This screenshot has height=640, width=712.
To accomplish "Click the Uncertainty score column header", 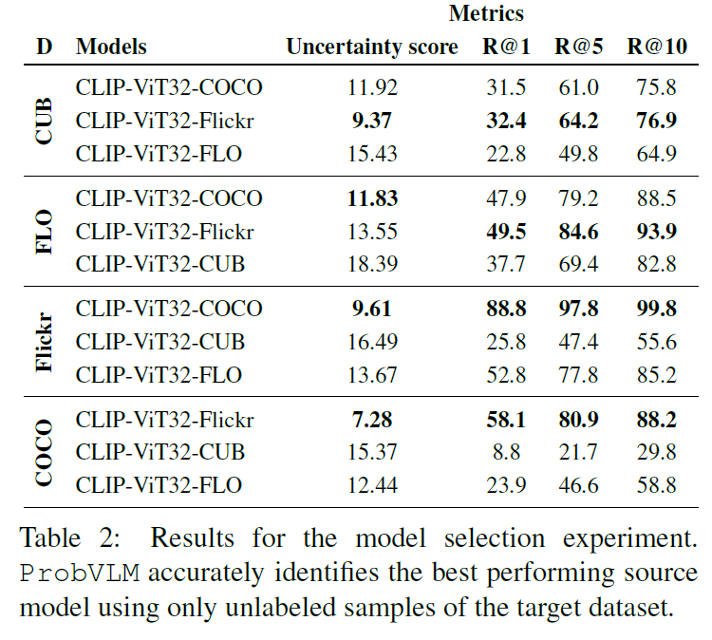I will (x=372, y=47).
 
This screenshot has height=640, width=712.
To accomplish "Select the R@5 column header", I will (x=579, y=47).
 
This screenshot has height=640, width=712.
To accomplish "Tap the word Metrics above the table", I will (x=486, y=14).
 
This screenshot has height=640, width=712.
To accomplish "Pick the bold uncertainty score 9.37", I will (x=372, y=121).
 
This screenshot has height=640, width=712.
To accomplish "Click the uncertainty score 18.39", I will (x=372, y=264).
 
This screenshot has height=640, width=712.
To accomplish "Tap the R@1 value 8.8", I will (x=505, y=452).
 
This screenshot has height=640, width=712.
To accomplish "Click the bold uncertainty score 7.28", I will (x=372, y=419).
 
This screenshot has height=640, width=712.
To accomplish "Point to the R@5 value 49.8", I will (x=579, y=153).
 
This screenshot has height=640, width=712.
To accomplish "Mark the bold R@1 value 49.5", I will (x=505, y=231).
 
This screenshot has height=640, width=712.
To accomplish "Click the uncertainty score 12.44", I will (x=372, y=485).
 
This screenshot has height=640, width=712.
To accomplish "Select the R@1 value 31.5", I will (x=505, y=88).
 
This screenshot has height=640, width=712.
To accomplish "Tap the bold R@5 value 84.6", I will (x=579, y=231).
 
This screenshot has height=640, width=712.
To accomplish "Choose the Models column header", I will (x=111, y=47).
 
